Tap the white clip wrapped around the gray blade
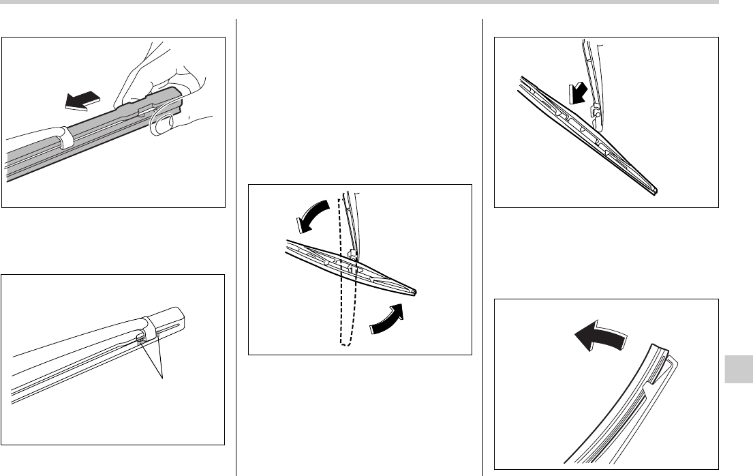coord(65,140)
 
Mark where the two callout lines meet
coord(164,377)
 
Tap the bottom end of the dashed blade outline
coord(346,343)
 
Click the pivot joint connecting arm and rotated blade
coord(352,258)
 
